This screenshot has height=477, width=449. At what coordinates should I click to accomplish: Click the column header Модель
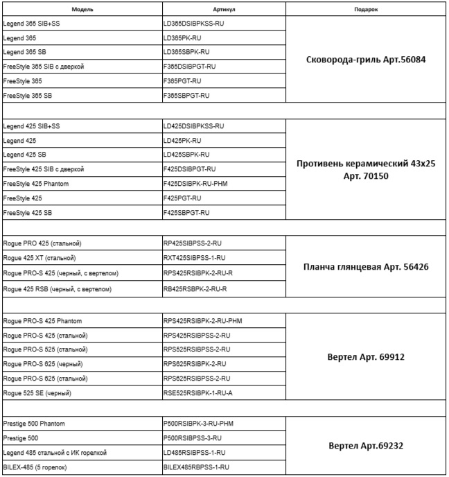point(82,10)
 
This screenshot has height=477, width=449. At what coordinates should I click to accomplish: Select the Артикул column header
point(223,10)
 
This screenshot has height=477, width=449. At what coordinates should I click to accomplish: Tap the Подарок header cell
point(366,10)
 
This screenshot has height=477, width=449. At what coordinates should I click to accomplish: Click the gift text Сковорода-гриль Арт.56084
point(365,60)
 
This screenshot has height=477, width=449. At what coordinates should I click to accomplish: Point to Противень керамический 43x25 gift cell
point(365,169)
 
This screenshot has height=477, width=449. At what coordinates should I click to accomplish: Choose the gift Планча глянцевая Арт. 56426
point(365,267)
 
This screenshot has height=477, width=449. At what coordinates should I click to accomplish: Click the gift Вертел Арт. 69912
point(365,357)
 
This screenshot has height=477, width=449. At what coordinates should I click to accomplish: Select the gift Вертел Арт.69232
point(365,445)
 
